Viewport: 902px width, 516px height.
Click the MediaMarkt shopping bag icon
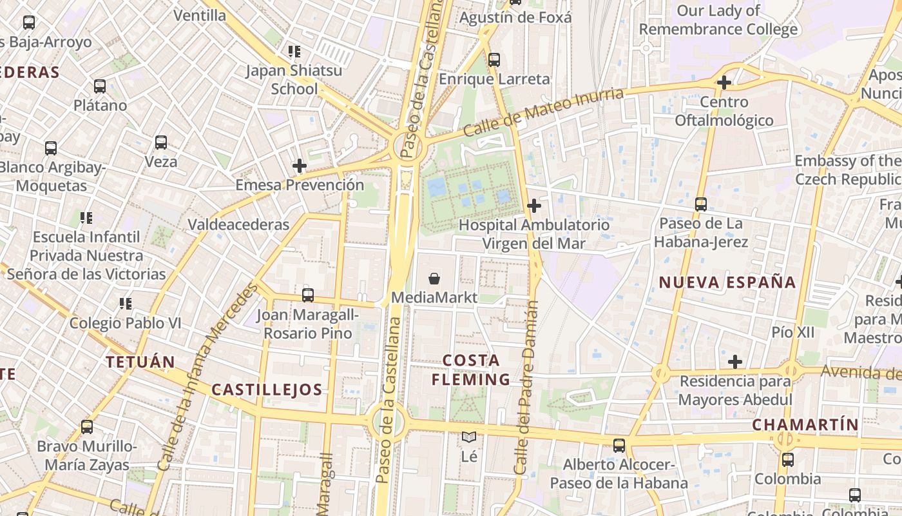pos(434,279)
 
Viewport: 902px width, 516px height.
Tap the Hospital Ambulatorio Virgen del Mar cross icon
pos(534,206)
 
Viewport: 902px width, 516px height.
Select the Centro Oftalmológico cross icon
pos(724,83)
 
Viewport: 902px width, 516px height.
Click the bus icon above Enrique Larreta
pos(494,60)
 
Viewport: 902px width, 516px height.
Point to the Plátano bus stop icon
pos(100,86)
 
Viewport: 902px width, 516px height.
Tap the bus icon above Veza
pos(161,143)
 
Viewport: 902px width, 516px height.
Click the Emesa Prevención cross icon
pos(299,166)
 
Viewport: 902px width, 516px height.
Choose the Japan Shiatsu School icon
pos(294,51)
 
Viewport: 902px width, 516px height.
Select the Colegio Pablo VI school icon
pos(125,303)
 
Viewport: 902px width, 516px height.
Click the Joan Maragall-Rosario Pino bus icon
pos(308,295)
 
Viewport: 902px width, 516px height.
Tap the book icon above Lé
pos(469,437)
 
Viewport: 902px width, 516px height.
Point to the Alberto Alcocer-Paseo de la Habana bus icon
pos(619,445)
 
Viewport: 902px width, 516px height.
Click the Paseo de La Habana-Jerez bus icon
pos(701,204)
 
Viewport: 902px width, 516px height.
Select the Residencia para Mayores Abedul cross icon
pos(734,361)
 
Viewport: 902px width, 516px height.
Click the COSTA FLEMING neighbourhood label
pos(471,370)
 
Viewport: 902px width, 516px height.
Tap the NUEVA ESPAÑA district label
pos(727,282)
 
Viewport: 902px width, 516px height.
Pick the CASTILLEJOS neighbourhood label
pos(267,390)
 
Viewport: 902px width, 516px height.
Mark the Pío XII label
pos(793,332)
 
